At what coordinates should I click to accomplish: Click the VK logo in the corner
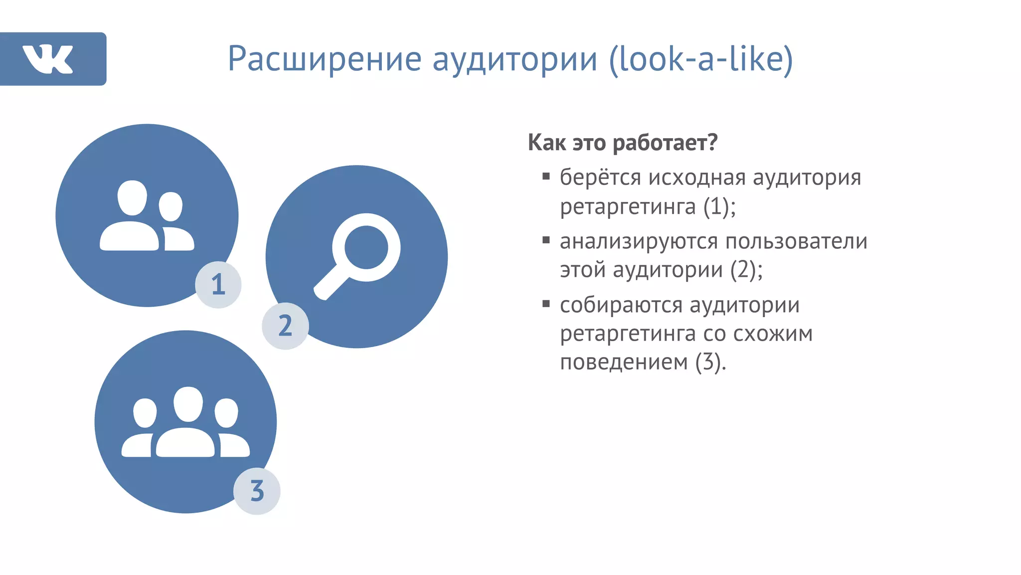48,59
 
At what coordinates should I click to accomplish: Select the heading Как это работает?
623,143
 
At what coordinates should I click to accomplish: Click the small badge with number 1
218,285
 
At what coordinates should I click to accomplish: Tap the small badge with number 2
285,326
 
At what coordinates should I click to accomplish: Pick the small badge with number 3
257,491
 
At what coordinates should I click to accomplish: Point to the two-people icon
147,215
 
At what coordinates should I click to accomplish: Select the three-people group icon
185,422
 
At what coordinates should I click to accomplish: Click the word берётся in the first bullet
600,178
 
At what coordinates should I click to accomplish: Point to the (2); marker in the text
746,270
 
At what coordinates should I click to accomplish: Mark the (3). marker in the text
711,363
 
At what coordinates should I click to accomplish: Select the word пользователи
796,242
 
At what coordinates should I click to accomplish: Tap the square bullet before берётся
546,176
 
